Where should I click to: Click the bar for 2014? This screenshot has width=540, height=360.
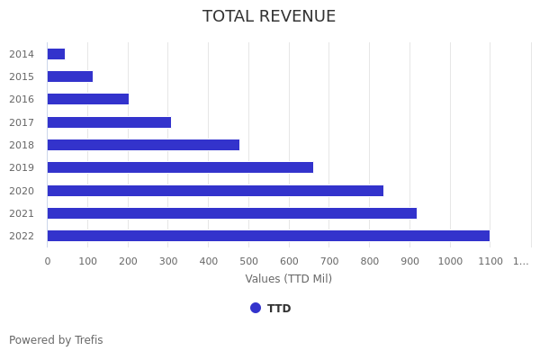[x=56, y=54]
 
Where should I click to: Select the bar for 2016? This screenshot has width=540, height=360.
[x=88, y=99]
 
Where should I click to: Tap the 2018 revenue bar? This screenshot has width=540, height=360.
[x=143, y=145]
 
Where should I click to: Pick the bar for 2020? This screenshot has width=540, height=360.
[x=215, y=191]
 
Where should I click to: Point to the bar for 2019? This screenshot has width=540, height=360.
[x=180, y=167]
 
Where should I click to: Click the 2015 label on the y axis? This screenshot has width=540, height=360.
[x=22, y=76]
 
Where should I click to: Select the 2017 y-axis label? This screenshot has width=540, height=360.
[x=22, y=122]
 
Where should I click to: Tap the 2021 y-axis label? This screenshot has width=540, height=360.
[x=22, y=213]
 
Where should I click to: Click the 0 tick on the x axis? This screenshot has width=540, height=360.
[x=48, y=261]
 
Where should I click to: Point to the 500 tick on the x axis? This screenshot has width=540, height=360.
[x=248, y=261]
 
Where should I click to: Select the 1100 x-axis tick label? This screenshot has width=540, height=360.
[x=490, y=261]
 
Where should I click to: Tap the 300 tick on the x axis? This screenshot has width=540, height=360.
[x=168, y=261]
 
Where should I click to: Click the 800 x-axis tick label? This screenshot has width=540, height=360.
[x=369, y=261]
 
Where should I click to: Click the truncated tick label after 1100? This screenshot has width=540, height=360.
[x=521, y=261]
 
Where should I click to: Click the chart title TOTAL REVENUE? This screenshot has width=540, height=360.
[x=269, y=16]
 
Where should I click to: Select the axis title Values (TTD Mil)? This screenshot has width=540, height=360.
[x=289, y=279]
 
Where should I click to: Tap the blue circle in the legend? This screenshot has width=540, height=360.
[x=256, y=308]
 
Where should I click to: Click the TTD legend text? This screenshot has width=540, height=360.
[x=279, y=309]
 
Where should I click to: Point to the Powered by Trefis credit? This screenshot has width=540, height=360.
[x=56, y=340]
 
